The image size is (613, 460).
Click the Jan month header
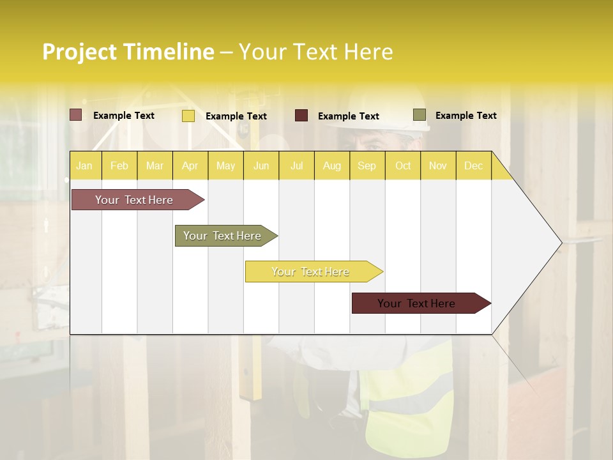[x=84, y=165]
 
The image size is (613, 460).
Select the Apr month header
[x=190, y=165]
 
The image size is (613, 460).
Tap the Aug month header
[x=331, y=165]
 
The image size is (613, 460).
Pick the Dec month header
[x=473, y=165]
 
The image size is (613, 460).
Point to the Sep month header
[x=367, y=165]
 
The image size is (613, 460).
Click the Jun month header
[x=261, y=165]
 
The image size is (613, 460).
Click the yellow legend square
[x=188, y=116]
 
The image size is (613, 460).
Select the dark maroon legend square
[x=301, y=116]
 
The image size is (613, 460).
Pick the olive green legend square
[x=419, y=115]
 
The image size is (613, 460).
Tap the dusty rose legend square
[x=75, y=115]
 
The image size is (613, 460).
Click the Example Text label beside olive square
[x=465, y=116]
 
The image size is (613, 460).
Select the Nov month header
[x=437, y=165]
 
